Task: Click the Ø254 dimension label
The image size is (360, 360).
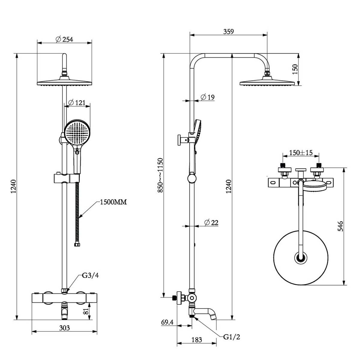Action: [64, 39]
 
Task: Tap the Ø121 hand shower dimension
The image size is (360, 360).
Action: [77, 103]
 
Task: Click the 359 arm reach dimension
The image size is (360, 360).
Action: [228, 31]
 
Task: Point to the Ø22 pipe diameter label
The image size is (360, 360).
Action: [211, 223]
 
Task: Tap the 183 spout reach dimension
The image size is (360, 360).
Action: [196, 340]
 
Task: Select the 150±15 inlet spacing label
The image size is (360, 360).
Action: [301, 153]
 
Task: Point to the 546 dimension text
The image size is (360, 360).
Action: [340, 226]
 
